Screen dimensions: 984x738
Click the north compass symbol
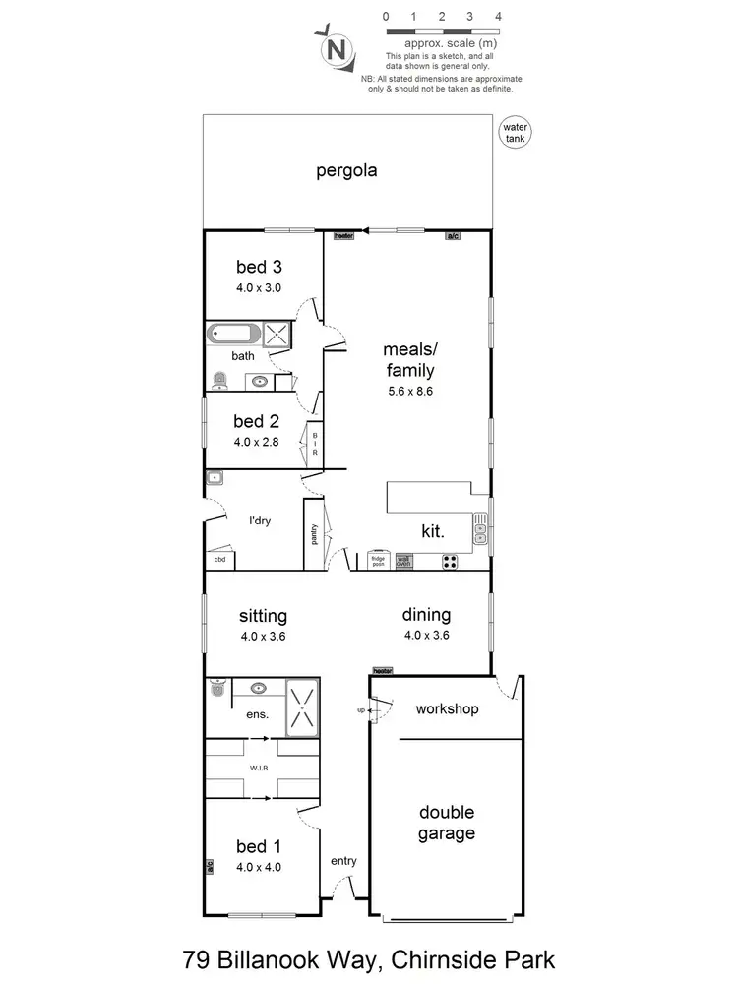click(338, 47)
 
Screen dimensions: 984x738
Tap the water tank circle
click(515, 133)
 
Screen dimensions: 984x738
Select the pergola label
click(346, 170)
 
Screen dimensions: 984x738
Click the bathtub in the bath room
click(233, 334)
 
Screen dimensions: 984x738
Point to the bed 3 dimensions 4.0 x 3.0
click(259, 288)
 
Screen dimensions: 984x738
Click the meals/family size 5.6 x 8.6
click(409, 391)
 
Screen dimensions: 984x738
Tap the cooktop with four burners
click(451, 562)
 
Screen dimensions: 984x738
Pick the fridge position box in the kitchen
click(377, 561)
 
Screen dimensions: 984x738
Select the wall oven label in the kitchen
click(403, 561)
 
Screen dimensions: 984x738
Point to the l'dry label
click(259, 520)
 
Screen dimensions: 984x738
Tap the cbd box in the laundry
click(219, 560)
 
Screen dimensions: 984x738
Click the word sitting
click(263, 616)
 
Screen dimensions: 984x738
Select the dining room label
click(426, 615)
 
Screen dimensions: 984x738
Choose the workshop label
click(446, 708)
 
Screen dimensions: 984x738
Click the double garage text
click(447, 823)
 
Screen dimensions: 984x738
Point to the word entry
click(343, 861)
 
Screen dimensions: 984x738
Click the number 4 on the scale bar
click(500, 17)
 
